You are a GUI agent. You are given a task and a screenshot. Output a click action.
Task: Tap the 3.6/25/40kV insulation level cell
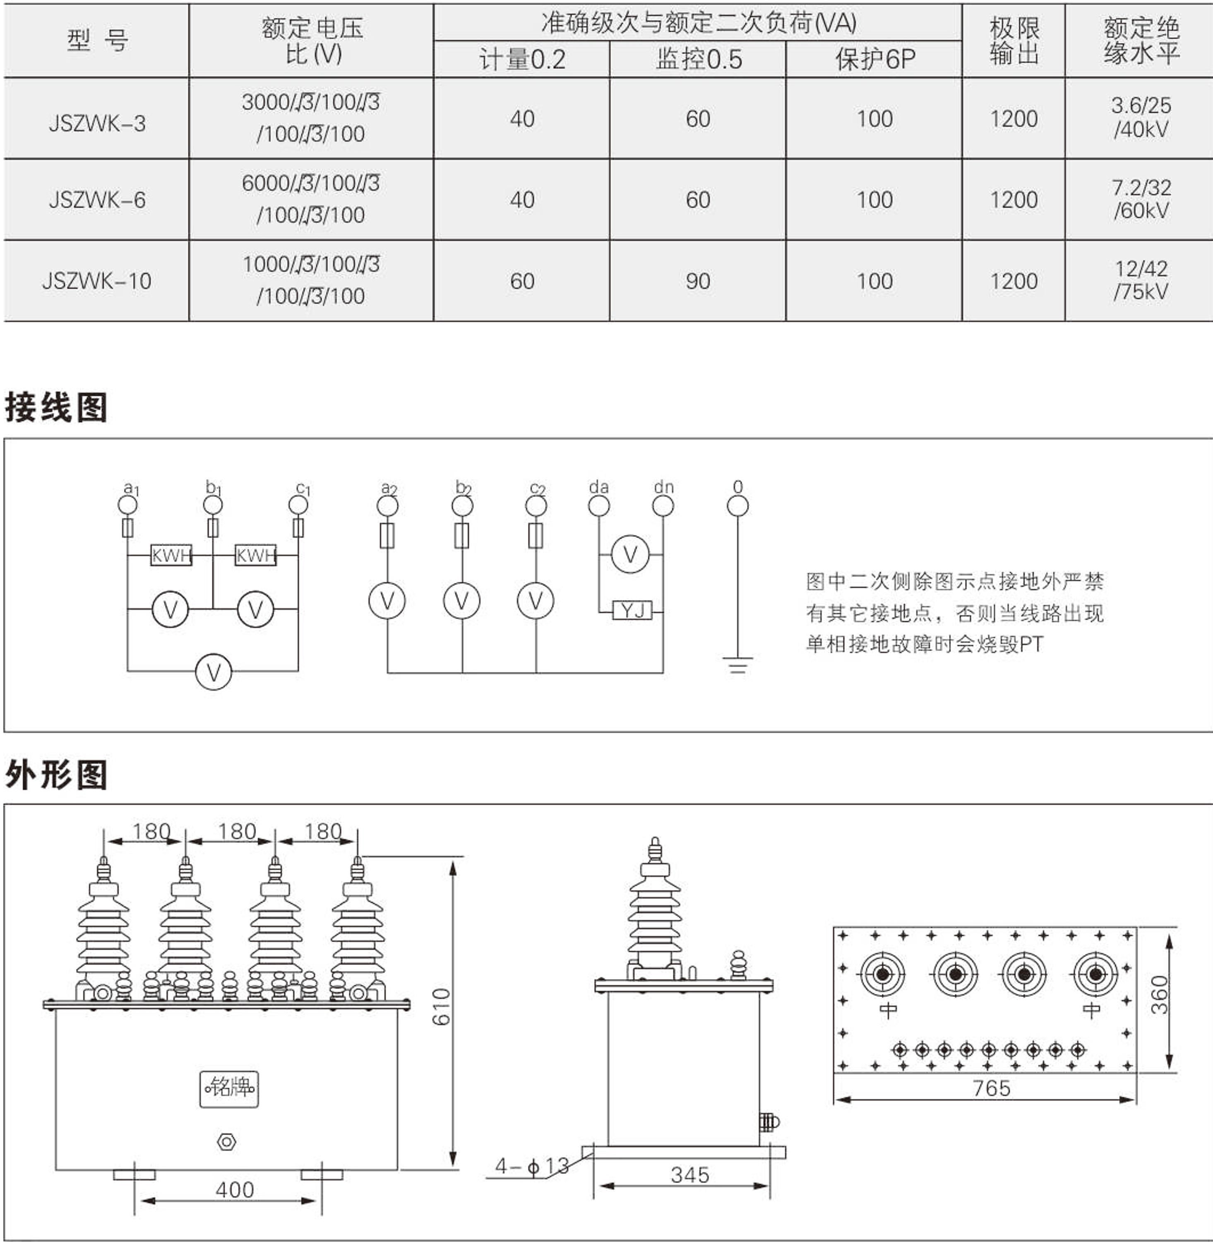pyautogui.click(x=1141, y=118)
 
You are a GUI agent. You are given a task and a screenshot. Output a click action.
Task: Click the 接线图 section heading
pyautogui.click(x=56, y=407)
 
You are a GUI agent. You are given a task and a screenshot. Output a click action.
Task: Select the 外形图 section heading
pyautogui.click(x=56, y=775)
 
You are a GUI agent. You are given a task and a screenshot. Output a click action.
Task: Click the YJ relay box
pyautogui.click(x=632, y=611)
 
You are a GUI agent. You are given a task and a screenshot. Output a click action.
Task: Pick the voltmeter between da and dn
pyautogui.click(x=630, y=554)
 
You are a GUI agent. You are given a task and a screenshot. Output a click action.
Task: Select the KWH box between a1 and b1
pyautogui.click(x=171, y=555)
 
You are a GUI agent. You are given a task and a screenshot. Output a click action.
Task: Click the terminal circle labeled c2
pyautogui.click(x=536, y=506)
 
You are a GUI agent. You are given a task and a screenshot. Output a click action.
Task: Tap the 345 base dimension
pyautogui.click(x=690, y=1175)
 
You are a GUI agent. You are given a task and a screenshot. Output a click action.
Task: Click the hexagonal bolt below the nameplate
pyautogui.click(x=227, y=1142)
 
